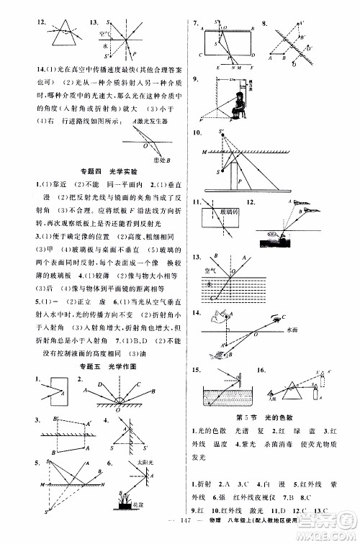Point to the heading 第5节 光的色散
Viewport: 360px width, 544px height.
(268, 419)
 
